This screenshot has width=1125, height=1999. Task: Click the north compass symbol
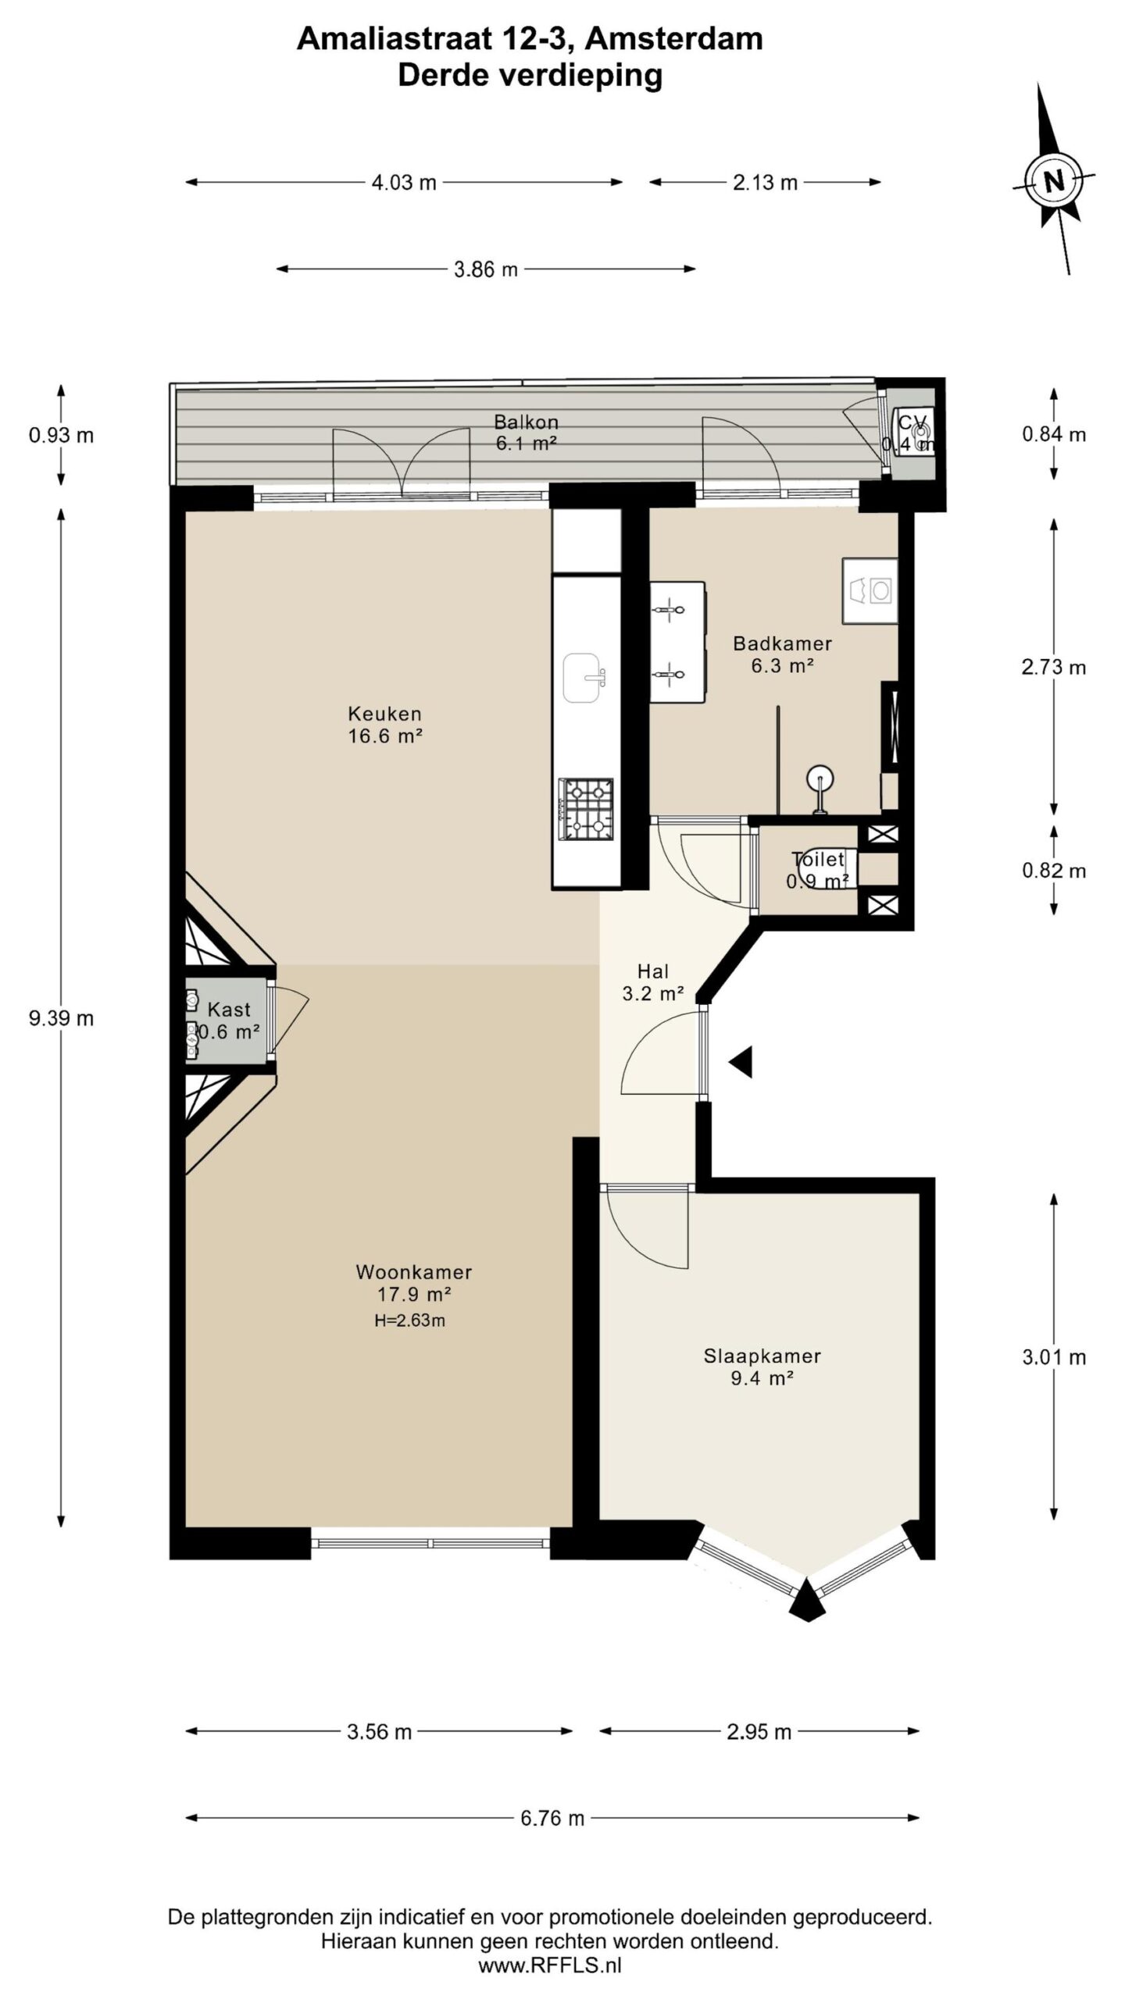1054,181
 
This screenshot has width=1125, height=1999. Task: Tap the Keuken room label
384,713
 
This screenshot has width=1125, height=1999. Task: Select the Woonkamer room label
414,1271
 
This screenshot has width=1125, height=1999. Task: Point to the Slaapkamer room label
762,1356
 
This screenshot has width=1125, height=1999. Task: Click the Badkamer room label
782,643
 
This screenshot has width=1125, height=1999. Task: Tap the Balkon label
526,422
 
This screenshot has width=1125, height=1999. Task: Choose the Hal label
653,971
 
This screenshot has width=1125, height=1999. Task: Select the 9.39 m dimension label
61,1017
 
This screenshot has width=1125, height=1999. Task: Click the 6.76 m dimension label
552,1818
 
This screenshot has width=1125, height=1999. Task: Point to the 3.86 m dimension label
486,269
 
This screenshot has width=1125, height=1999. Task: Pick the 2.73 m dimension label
1053,667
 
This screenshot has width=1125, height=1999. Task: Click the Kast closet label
229,1009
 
